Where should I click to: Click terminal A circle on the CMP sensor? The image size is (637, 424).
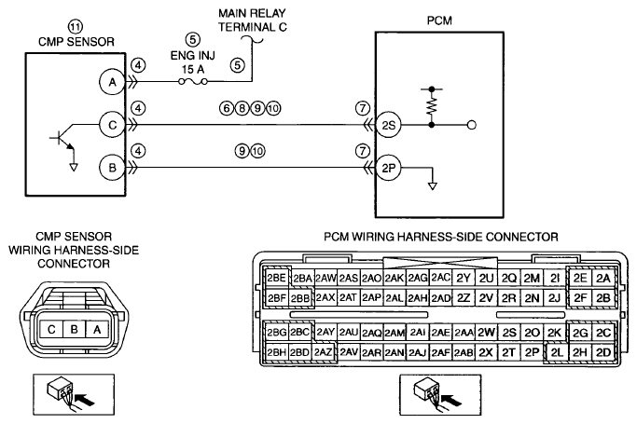click(112, 82)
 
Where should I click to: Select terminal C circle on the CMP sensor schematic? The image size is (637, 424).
click(112, 125)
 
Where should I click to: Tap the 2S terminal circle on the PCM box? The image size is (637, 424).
click(388, 126)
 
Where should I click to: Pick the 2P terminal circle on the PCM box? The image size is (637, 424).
click(388, 168)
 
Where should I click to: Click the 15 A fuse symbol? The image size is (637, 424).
click(193, 82)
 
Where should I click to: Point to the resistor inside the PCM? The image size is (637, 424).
click(432, 106)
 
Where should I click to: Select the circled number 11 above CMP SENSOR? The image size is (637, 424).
click(75, 27)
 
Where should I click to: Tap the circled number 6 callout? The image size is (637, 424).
click(227, 108)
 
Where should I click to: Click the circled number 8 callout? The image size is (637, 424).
click(242, 108)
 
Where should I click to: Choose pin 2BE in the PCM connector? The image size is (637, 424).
click(276, 278)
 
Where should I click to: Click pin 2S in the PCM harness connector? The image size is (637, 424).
click(508, 333)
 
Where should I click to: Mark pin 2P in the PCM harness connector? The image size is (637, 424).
click(532, 352)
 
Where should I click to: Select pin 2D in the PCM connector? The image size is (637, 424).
click(603, 352)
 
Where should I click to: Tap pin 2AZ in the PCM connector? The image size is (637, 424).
click(324, 352)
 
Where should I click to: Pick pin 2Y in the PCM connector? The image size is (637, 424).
click(463, 278)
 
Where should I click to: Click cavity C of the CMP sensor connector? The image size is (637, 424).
click(51, 330)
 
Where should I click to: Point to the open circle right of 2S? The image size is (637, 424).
click(472, 126)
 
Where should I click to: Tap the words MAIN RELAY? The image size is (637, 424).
click(252, 13)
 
